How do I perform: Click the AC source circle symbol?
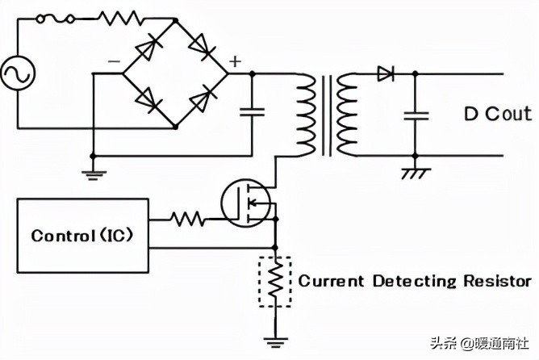17,75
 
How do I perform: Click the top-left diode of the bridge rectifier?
147,48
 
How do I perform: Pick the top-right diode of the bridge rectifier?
201,48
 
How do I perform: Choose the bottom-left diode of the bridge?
147,101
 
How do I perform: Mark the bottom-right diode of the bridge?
201,101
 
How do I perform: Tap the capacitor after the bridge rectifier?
253,112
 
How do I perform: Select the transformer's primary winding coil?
307,115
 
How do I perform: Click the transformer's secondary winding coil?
346,115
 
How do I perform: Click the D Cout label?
497,113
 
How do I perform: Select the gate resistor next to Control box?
187,218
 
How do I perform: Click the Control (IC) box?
82,236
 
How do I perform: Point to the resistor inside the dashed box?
276,280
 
